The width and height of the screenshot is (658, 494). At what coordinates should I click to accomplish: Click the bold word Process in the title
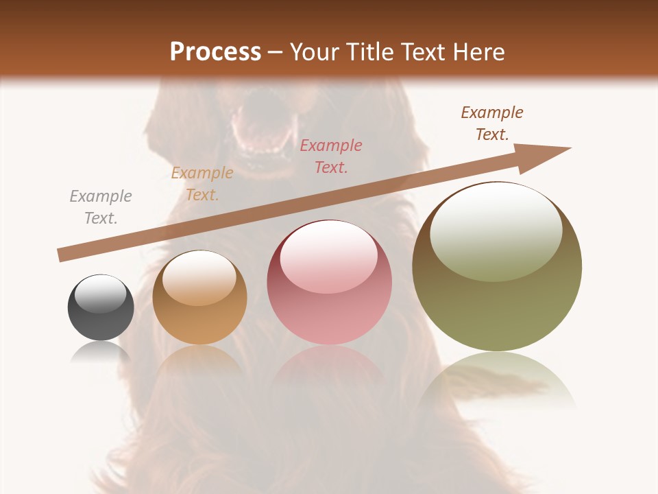(x=215, y=51)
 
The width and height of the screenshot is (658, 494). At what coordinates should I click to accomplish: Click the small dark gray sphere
(x=101, y=307)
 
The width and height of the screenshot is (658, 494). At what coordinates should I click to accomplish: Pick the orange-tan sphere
(x=199, y=298)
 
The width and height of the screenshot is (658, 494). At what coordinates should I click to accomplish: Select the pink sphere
(x=330, y=282)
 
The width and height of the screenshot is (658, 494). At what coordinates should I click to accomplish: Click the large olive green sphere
(x=497, y=267)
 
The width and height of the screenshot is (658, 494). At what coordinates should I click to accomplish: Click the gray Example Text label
(x=101, y=207)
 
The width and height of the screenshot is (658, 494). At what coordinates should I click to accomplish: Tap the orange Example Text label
(x=202, y=184)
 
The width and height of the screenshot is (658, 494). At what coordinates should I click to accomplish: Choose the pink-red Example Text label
(x=331, y=156)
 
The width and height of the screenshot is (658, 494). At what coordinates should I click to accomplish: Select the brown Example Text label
(x=492, y=123)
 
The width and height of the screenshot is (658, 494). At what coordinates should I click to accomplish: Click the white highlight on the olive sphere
(x=496, y=231)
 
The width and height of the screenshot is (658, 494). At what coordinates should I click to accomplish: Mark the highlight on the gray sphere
(x=101, y=294)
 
